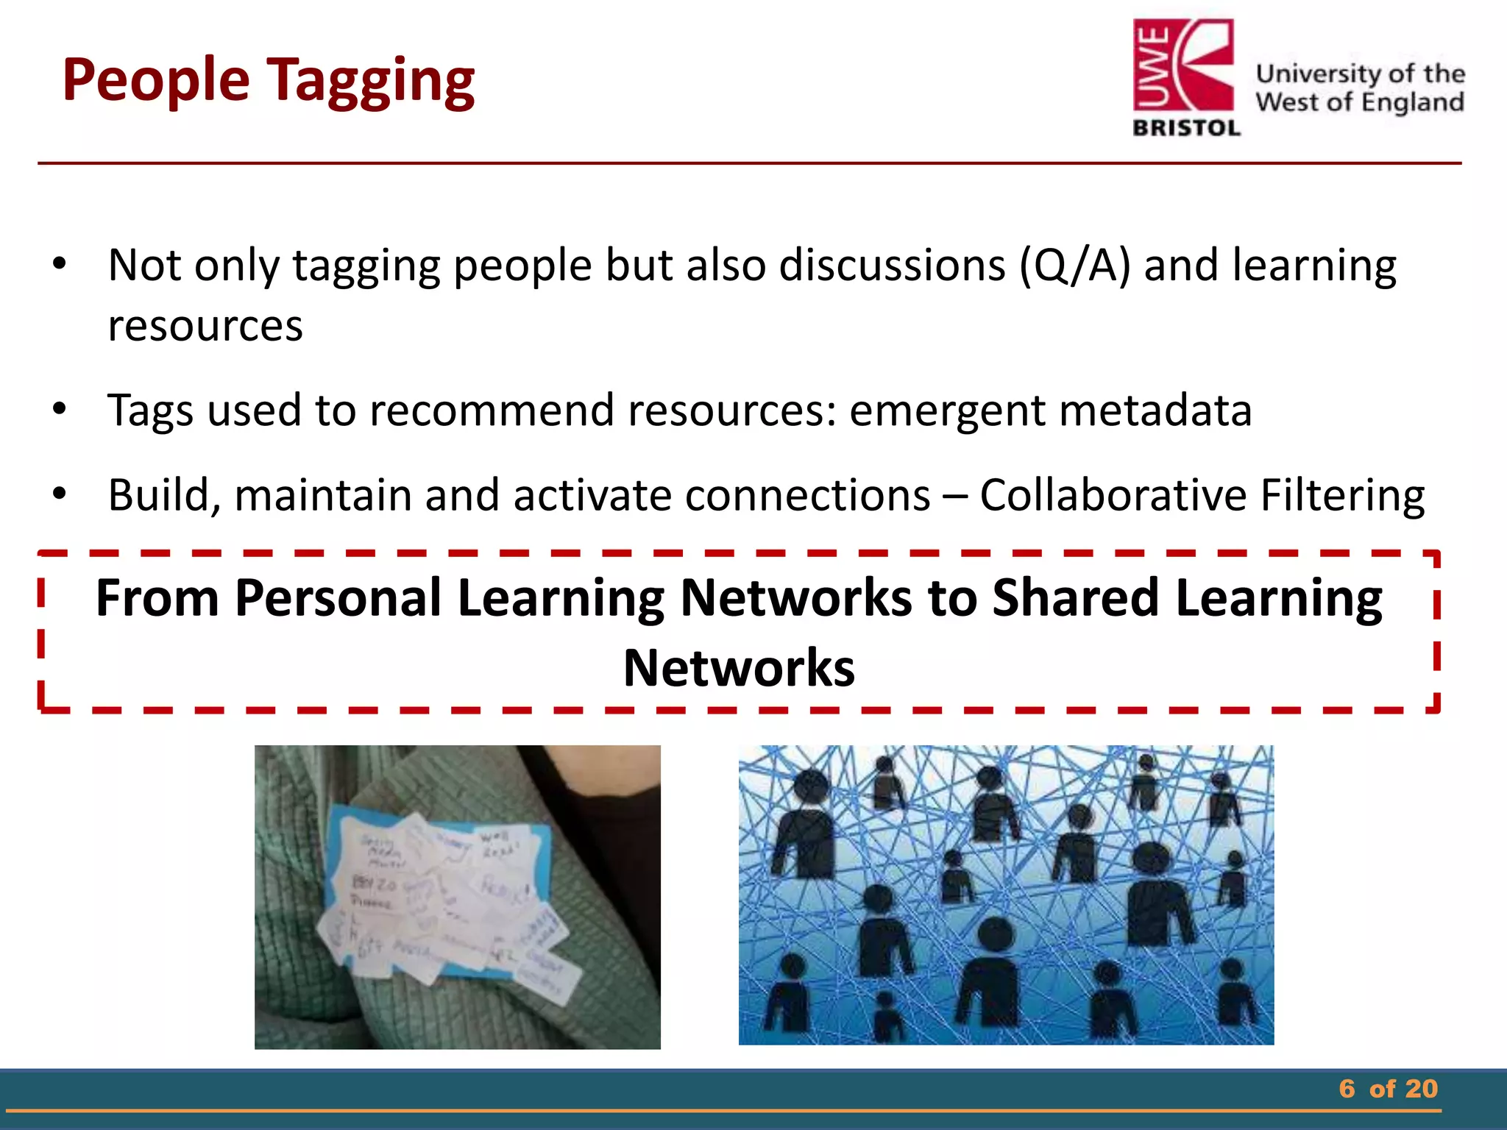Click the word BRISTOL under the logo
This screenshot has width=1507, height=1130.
tap(1187, 128)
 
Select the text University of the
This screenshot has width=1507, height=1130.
tap(1360, 74)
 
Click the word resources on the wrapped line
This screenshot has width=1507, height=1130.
tap(205, 326)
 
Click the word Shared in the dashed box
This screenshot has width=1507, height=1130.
tap(1075, 597)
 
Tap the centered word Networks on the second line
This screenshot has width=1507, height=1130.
tap(739, 668)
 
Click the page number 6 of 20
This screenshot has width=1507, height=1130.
tap(1388, 1089)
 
